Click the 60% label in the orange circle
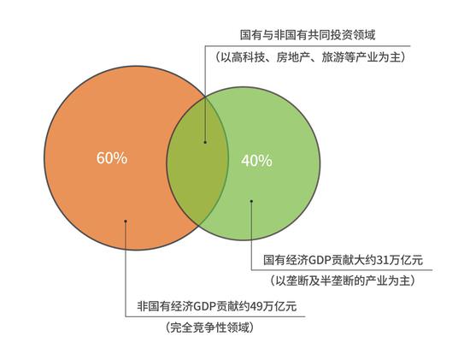tap(112, 158)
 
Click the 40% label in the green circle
tap(256, 161)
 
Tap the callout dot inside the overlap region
tap(205, 142)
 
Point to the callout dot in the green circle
tap(251, 201)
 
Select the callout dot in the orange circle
tap(126, 221)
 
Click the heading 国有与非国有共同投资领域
tap(308, 35)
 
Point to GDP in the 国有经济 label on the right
tap(320, 260)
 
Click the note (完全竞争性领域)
tap(209, 328)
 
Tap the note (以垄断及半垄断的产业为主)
tap(342, 280)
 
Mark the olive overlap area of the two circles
tap(197, 161)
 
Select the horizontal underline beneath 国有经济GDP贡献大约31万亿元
tap(342, 270)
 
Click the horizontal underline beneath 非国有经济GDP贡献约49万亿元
tap(215, 316)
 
